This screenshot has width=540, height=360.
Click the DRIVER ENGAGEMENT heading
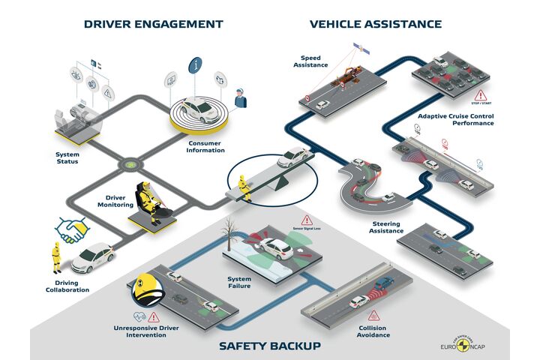tap(154, 24)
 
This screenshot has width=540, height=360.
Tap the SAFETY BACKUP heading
tap(270, 346)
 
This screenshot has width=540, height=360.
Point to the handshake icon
tap(72, 229)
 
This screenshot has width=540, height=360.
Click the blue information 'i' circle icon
tap(195, 65)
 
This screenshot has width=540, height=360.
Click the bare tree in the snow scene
tap(229, 229)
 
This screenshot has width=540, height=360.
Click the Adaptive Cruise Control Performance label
tap(455, 119)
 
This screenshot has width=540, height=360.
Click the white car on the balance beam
tap(293, 157)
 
